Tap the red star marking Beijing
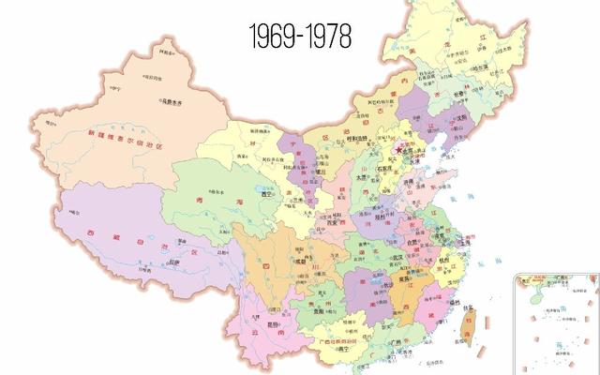398,148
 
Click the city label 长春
465,95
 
